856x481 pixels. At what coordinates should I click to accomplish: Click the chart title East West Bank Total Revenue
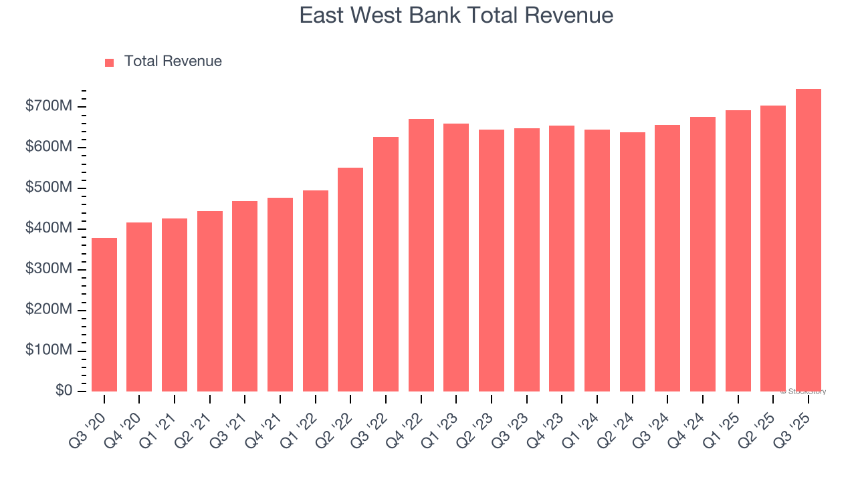tap(456, 15)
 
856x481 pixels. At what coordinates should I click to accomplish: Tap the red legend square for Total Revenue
tap(110, 62)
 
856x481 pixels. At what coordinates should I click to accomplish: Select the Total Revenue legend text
tap(173, 61)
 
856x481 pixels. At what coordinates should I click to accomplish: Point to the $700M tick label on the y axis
tap(49, 106)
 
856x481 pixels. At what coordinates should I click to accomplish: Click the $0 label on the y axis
tap(64, 391)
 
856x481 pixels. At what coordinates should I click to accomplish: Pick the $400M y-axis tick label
tap(49, 228)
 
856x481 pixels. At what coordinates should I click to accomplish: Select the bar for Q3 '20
tap(104, 315)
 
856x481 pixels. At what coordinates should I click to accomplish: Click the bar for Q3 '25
tap(808, 240)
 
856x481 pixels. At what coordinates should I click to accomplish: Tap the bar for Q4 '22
tap(421, 255)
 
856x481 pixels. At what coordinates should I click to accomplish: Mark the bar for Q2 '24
tap(632, 262)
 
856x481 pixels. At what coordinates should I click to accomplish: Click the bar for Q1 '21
tap(175, 305)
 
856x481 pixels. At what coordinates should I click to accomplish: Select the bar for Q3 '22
tap(386, 264)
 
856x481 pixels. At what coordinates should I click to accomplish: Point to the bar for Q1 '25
tap(738, 251)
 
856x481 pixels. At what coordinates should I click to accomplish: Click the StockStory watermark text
tap(803, 391)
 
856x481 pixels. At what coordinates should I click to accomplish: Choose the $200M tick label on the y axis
tap(49, 310)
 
